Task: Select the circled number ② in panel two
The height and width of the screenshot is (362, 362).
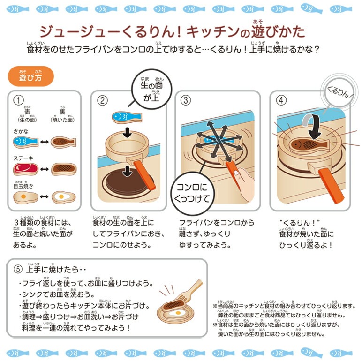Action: pyautogui.click(x=103, y=100)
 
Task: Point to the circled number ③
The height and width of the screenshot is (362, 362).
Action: pyautogui.click(x=187, y=100)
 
